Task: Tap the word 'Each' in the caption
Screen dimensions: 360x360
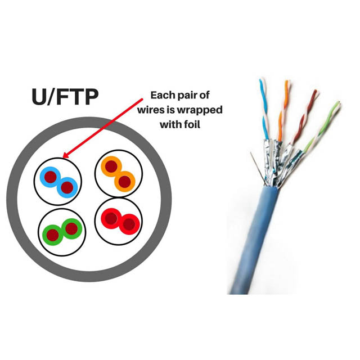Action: [x=164, y=95]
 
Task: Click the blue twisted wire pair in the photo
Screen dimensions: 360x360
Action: [x=263, y=107]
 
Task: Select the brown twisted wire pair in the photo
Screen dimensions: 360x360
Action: [x=304, y=115]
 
